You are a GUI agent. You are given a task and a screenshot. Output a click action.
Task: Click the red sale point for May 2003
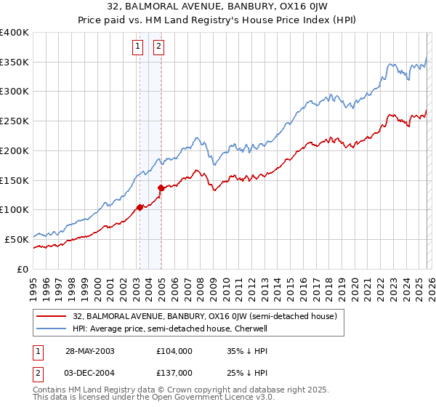pyautogui.click(x=140, y=207)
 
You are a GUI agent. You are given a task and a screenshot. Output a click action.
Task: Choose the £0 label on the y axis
pyautogui.click(x=22, y=269)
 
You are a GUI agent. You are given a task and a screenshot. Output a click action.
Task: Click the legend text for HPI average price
pyautogui.click(x=171, y=329)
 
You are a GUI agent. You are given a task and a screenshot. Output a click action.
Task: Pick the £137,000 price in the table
pyautogui.click(x=174, y=373)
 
